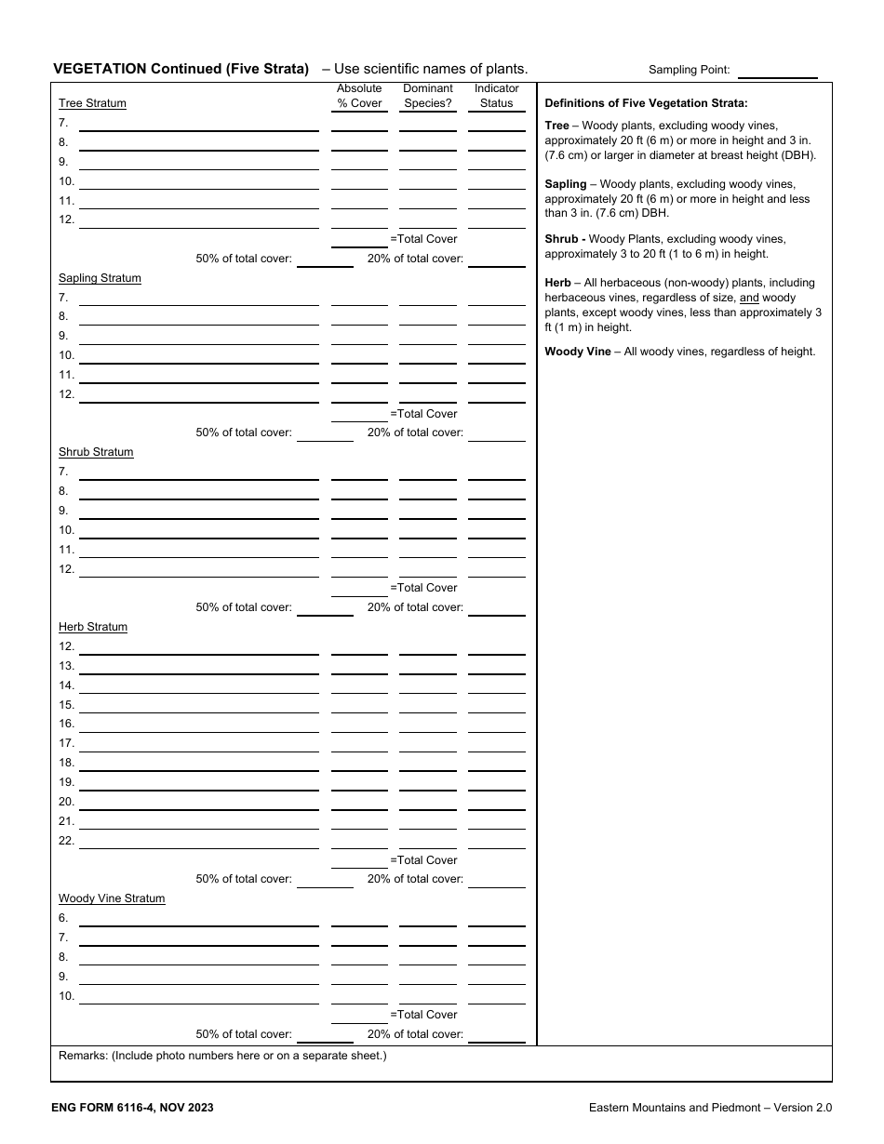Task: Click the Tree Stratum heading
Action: pos(92,103)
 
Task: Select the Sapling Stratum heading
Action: pos(100,278)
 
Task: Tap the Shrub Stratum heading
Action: pos(96,452)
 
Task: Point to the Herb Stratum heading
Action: pos(93,627)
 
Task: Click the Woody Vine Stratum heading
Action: pos(112,898)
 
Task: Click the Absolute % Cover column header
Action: pos(359,96)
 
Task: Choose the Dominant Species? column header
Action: pos(428,96)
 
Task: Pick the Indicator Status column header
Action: pos(496,96)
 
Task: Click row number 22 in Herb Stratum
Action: pos(66,841)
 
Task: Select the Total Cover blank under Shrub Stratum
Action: pos(359,589)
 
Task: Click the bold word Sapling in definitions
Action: pos(566,184)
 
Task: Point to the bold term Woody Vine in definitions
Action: pos(578,352)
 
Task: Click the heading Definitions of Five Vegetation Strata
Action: pos(646,103)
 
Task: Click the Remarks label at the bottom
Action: pos(85,1056)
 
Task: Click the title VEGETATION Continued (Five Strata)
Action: pos(181,68)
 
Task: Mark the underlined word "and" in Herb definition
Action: pos(749,298)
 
